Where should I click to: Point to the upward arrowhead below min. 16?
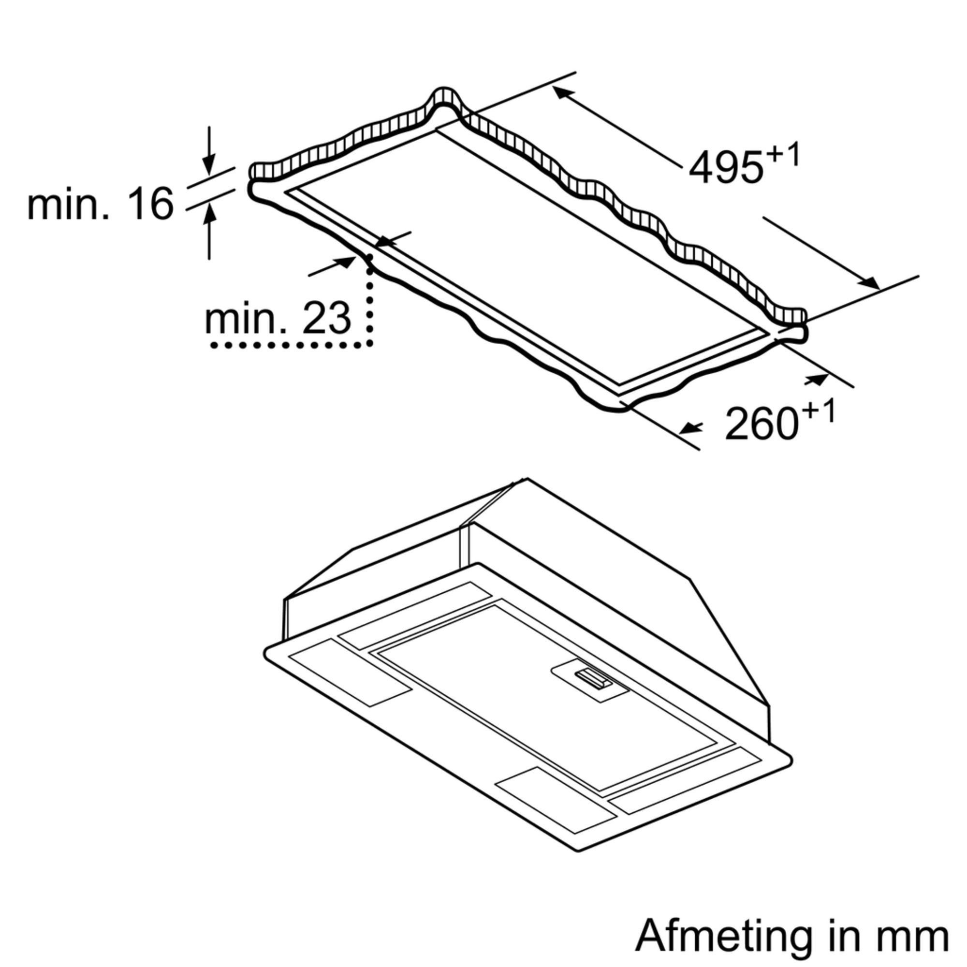[210, 214]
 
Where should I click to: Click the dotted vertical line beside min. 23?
[370, 305]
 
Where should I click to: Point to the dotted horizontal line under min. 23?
[290, 345]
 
